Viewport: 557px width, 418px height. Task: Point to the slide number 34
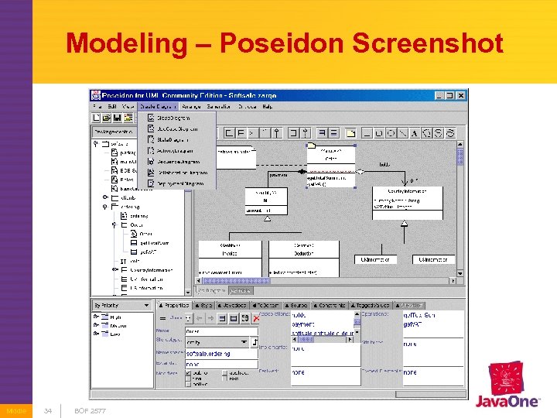tap(48, 409)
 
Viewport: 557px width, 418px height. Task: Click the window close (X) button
tap(461, 95)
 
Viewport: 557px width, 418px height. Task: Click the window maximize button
tap(449, 95)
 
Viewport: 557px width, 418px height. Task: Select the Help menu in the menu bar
tap(267, 106)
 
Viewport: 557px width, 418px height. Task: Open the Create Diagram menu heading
tap(159, 106)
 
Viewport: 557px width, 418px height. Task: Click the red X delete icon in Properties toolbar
tap(257, 318)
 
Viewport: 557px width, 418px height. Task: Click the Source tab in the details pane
tap(299, 306)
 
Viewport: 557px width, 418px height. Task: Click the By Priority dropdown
tap(122, 305)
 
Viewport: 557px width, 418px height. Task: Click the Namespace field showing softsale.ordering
tap(221, 354)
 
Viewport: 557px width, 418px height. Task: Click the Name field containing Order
tap(221, 331)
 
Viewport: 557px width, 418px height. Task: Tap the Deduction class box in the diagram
tap(303, 248)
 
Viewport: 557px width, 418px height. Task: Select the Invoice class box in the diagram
tap(231, 248)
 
